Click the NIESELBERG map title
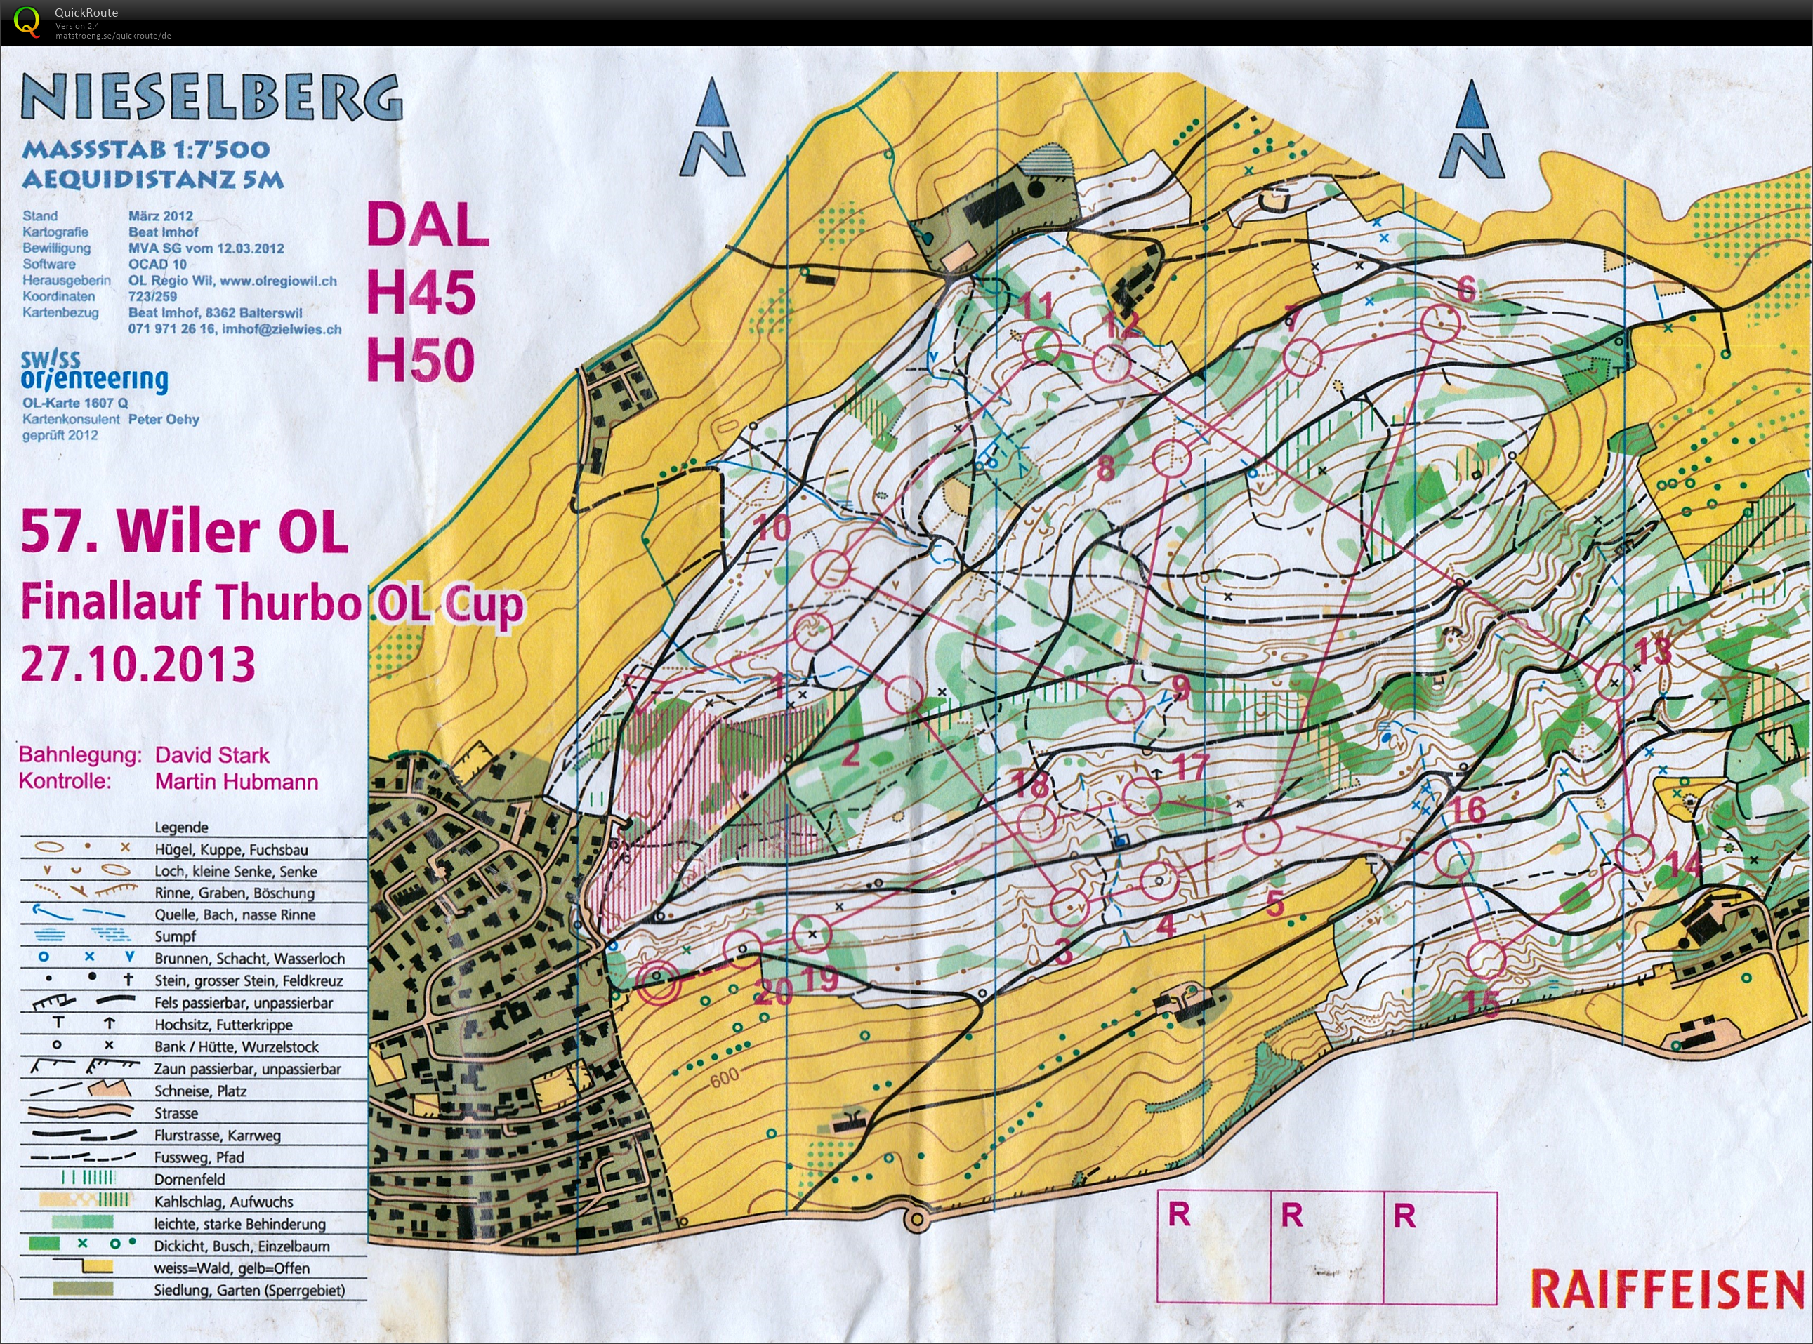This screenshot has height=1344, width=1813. [x=211, y=98]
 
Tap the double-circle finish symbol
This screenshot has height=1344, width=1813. [x=659, y=983]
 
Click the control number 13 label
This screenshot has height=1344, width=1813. [x=1653, y=650]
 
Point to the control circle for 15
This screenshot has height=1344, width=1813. [x=1486, y=959]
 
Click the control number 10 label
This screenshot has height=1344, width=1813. [x=773, y=528]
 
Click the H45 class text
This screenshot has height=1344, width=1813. [x=421, y=292]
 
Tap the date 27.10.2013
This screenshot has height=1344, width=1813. [x=138, y=664]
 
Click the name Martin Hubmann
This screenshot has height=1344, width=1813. [x=236, y=782]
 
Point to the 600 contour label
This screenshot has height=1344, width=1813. [x=723, y=1079]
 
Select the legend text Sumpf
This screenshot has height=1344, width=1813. [x=175, y=936]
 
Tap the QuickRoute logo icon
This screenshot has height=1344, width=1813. [x=26, y=22]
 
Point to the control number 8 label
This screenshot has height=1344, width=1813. [x=1106, y=468]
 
